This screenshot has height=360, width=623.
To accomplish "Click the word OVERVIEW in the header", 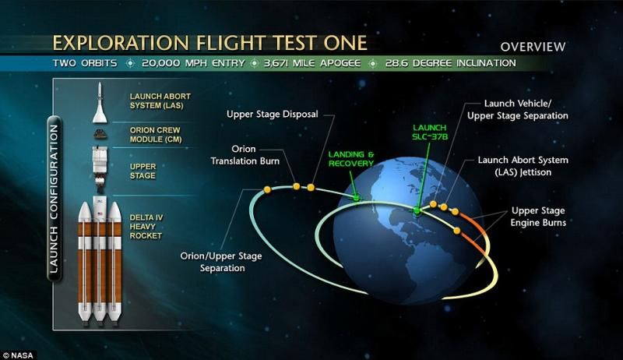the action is tap(533, 47).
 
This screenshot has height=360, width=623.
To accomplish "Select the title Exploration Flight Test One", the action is tap(209, 43).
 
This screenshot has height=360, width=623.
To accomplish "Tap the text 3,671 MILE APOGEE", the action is tap(312, 63).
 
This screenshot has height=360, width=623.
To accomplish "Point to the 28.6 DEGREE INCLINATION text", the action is tap(451, 63).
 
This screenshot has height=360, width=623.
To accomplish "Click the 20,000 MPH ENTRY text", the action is tap(193, 63).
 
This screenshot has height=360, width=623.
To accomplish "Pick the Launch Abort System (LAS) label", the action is tap(160, 101).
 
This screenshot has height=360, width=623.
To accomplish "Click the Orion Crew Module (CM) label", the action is tap(155, 135).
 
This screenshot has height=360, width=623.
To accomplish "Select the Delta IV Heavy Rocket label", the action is tap(146, 227).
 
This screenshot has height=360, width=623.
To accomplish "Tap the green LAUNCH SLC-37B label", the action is tap(430, 132).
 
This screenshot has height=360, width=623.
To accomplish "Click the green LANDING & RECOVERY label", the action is tap(351, 158).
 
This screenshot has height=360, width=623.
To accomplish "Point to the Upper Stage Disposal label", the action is tap(272, 115).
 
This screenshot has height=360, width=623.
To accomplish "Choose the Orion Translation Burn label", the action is tap(245, 155).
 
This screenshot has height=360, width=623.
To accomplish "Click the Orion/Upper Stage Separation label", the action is tap(221, 262).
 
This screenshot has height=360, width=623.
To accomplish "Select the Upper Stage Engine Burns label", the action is tap(538, 217).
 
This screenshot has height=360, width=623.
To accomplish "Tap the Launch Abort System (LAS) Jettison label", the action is tap(523, 166).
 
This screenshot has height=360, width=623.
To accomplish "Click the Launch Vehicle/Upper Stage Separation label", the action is tap(517, 110).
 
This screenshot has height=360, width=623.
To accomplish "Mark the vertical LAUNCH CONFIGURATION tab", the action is tap(54, 199).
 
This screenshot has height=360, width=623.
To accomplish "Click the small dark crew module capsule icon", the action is tap(100, 134).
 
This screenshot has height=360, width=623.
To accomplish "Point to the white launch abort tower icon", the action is tap(100, 103).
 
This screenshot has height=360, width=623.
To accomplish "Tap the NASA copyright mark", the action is tap(18, 355).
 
